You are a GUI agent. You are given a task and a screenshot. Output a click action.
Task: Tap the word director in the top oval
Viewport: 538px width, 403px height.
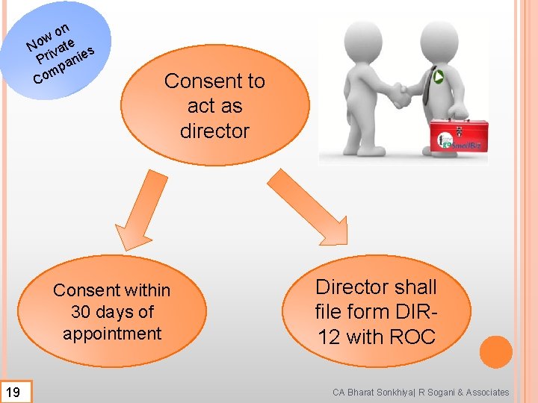214,131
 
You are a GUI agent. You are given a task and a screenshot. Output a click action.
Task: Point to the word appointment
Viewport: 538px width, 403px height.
112,334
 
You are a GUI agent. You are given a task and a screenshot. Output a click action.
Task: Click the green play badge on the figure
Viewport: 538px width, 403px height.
439,76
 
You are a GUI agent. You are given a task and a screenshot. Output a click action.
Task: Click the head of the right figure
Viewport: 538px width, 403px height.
439,39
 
